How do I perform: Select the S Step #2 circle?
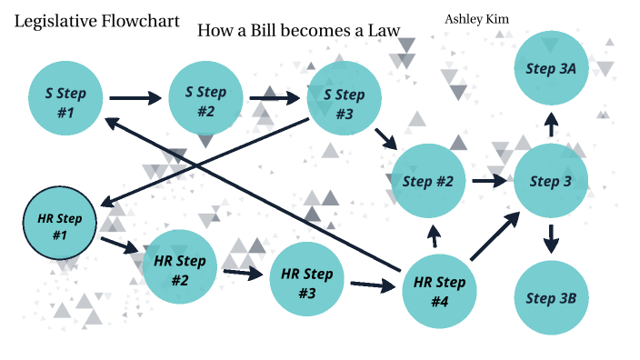(205, 99)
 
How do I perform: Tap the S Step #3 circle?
(344, 101)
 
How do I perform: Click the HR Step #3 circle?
(306, 279)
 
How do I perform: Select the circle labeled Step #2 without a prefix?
(427, 181)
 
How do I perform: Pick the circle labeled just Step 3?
(551, 181)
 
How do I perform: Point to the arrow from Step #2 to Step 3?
(488, 181)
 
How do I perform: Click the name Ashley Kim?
(476, 18)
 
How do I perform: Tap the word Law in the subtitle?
(384, 30)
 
